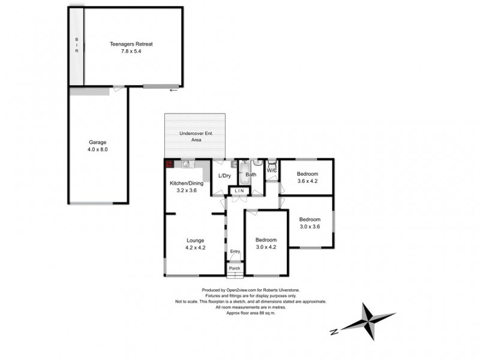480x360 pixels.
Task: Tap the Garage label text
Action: click(x=98, y=142)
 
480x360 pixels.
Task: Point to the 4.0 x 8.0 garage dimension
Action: click(x=98, y=149)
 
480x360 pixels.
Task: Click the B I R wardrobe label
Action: click(x=76, y=44)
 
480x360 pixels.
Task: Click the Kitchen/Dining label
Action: click(x=186, y=183)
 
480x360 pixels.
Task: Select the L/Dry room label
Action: click(x=224, y=175)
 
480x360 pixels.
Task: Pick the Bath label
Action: click(x=251, y=175)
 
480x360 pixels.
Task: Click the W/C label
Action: click(x=271, y=170)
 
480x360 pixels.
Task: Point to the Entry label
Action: click(x=235, y=251)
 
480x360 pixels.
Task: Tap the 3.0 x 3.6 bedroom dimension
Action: click(x=311, y=227)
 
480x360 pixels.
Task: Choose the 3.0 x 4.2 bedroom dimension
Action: click(x=266, y=247)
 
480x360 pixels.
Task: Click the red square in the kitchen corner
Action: click(x=169, y=163)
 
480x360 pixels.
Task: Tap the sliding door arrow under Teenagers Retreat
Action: click(x=173, y=91)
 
